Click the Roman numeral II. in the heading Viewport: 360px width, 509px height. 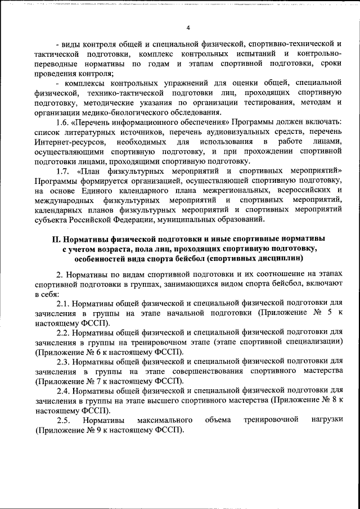point(56,239)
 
